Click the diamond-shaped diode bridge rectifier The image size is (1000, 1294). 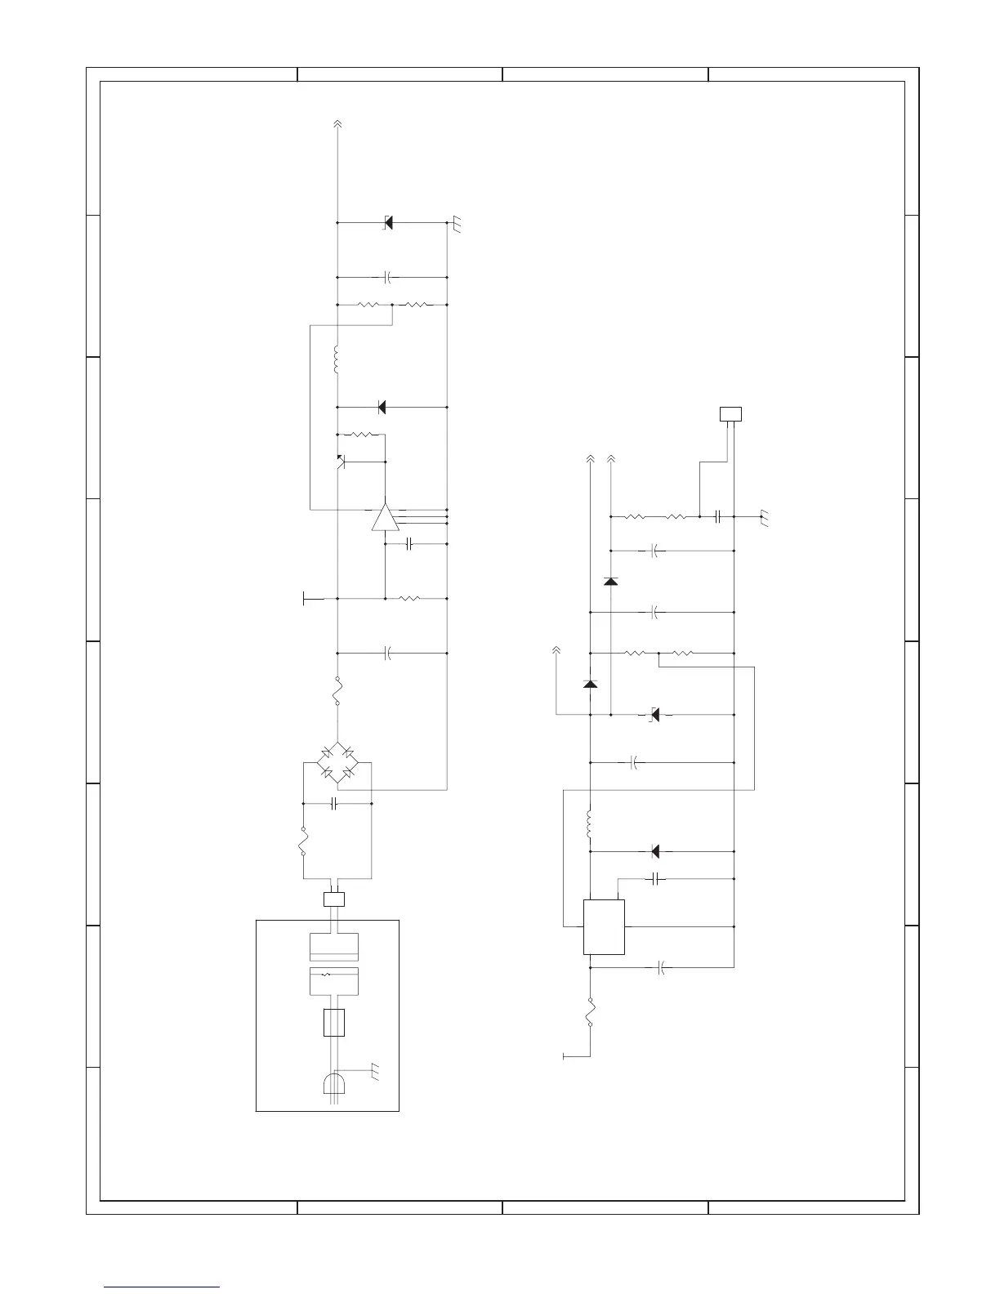[337, 761]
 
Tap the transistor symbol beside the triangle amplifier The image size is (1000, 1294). [341, 462]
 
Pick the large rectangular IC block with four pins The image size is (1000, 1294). [604, 926]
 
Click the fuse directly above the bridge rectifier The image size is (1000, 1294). [337, 691]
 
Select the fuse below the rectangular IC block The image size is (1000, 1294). [589, 1013]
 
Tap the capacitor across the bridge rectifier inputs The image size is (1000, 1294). [335, 804]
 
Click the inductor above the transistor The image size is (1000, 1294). [337, 360]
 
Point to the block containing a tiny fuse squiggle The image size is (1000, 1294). [334, 980]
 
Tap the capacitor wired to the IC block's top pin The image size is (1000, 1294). [656, 879]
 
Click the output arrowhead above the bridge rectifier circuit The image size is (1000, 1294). [337, 124]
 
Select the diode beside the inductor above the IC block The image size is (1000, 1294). [655, 851]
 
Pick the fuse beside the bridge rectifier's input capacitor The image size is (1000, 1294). [303, 842]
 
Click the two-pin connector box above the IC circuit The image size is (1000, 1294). [730, 413]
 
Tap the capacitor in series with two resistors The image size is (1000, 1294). [717, 516]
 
